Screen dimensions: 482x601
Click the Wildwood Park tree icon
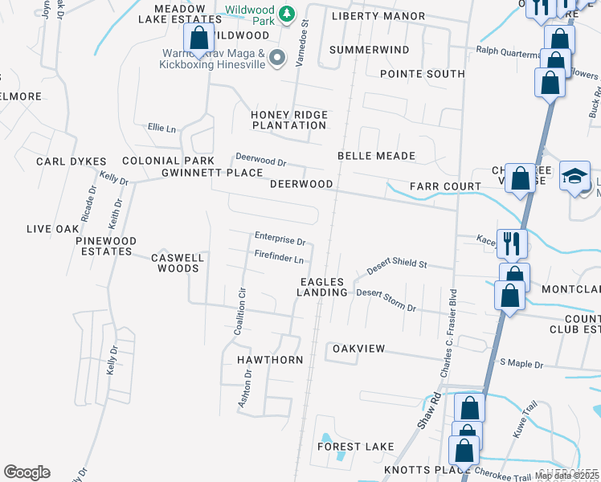point(286,14)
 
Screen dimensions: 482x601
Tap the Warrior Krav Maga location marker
point(278,56)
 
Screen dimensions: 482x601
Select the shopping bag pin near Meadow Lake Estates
point(198,38)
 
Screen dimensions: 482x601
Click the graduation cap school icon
point(575,177)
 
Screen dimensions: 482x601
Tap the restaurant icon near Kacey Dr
point(512,242)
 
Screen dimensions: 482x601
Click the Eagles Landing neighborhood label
point(322,287)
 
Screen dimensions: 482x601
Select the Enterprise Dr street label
point(280,239)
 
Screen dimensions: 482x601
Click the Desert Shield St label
point(397,266)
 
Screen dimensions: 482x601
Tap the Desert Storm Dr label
point(386,300)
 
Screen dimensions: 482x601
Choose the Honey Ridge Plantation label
point(289,120)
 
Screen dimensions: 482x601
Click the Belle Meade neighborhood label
point(376,156)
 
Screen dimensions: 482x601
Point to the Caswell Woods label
point(178,263)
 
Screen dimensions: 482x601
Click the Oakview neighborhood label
point(359,349)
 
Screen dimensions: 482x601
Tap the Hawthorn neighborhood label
point(270,360)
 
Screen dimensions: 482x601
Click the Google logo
point(27,472)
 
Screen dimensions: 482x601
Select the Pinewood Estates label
point(106,246)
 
